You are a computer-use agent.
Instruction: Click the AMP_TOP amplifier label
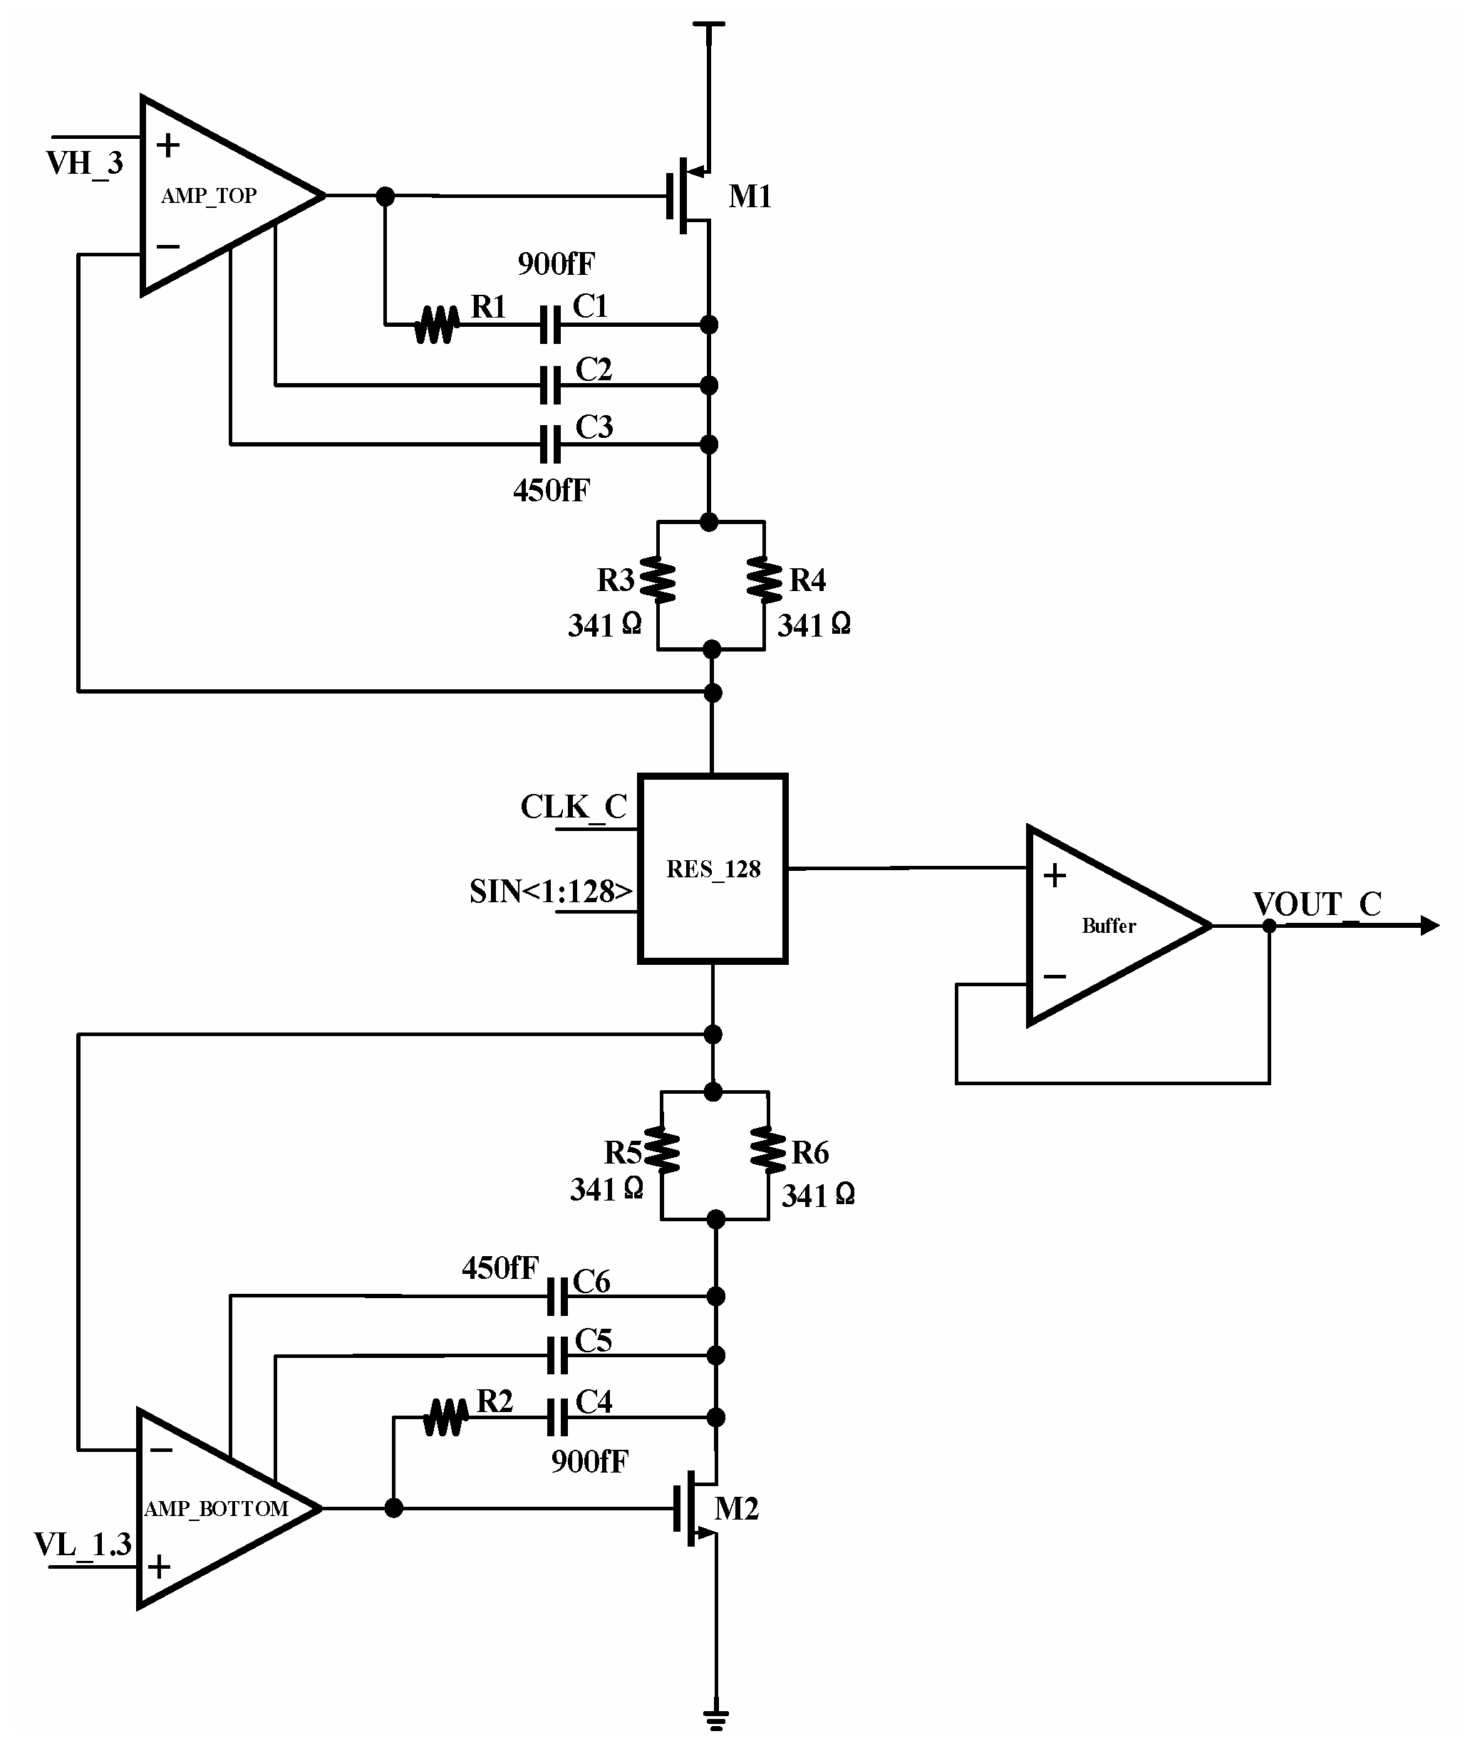pos(209,196)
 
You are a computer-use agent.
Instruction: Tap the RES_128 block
pos(713,869)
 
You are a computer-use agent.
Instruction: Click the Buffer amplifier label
pos(1109,926)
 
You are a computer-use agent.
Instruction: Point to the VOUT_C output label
pos(1316,904)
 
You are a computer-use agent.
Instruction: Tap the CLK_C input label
pos(573,807)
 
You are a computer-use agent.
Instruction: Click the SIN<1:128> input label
pos(551,892)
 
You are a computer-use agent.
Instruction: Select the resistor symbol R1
pos(437,325)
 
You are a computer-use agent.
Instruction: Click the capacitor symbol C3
pos(549,444)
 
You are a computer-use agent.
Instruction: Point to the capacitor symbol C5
pos(557,1356)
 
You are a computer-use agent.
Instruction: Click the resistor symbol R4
pos(764,580)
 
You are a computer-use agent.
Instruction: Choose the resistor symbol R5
pos(662,1151)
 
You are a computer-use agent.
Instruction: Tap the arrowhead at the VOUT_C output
pos(1429,926)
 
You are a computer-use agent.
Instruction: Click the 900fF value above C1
pos(556,264)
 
